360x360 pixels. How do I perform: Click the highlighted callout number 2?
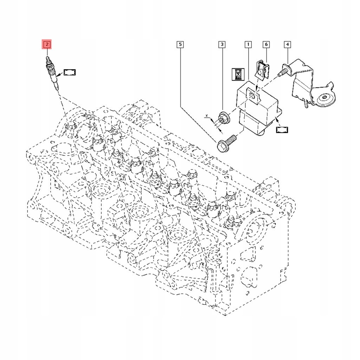[x=47, y=44]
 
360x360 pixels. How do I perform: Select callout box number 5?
[x=180, y=44]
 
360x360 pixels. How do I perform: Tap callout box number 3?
[x=221, y=44]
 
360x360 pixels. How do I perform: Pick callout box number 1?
[x=248, y=44]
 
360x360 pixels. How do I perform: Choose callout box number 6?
[x=266, y=44]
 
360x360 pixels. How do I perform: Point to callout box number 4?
[x=288, y=44]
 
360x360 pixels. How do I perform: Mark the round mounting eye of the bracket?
[x=324, y=99]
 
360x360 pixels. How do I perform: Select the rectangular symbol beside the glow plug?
[x=70, y=72]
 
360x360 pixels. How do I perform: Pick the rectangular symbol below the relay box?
[x=283, y=130]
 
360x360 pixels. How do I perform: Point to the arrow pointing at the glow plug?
[x=59, y=74]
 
